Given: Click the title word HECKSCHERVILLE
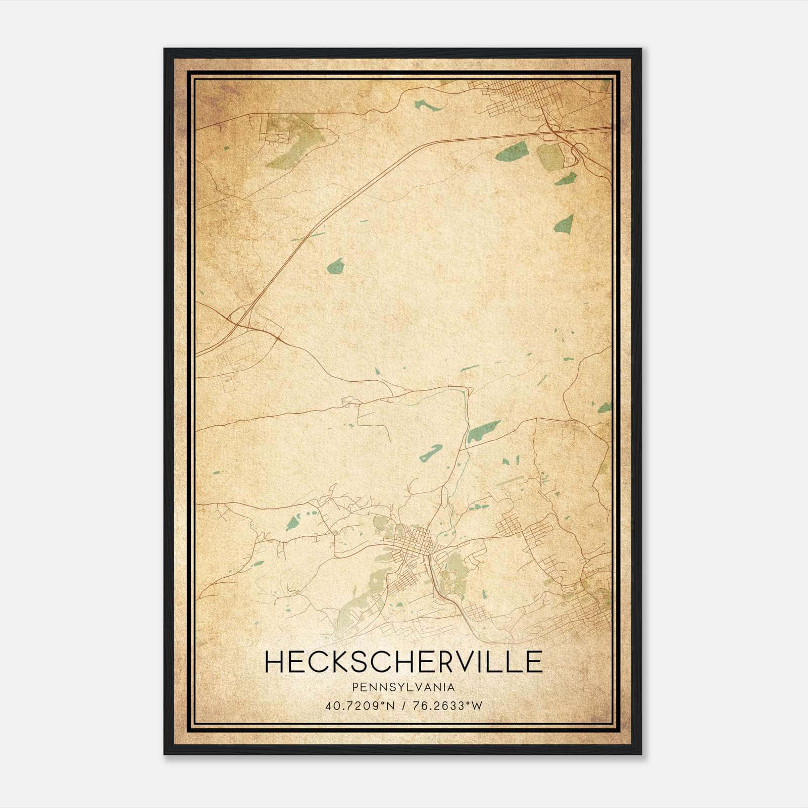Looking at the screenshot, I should pyautogui.click(x=403, y=662).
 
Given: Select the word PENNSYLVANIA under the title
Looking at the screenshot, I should pyautogui.click(x=403, y=687).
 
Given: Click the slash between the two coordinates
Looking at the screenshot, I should pyautogui.click(x=403, y=705).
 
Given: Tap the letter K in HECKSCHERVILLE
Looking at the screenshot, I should pyautogui.click(x=341, y=662).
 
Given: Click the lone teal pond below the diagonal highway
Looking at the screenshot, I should pyautogui.click(x=334, y=266).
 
